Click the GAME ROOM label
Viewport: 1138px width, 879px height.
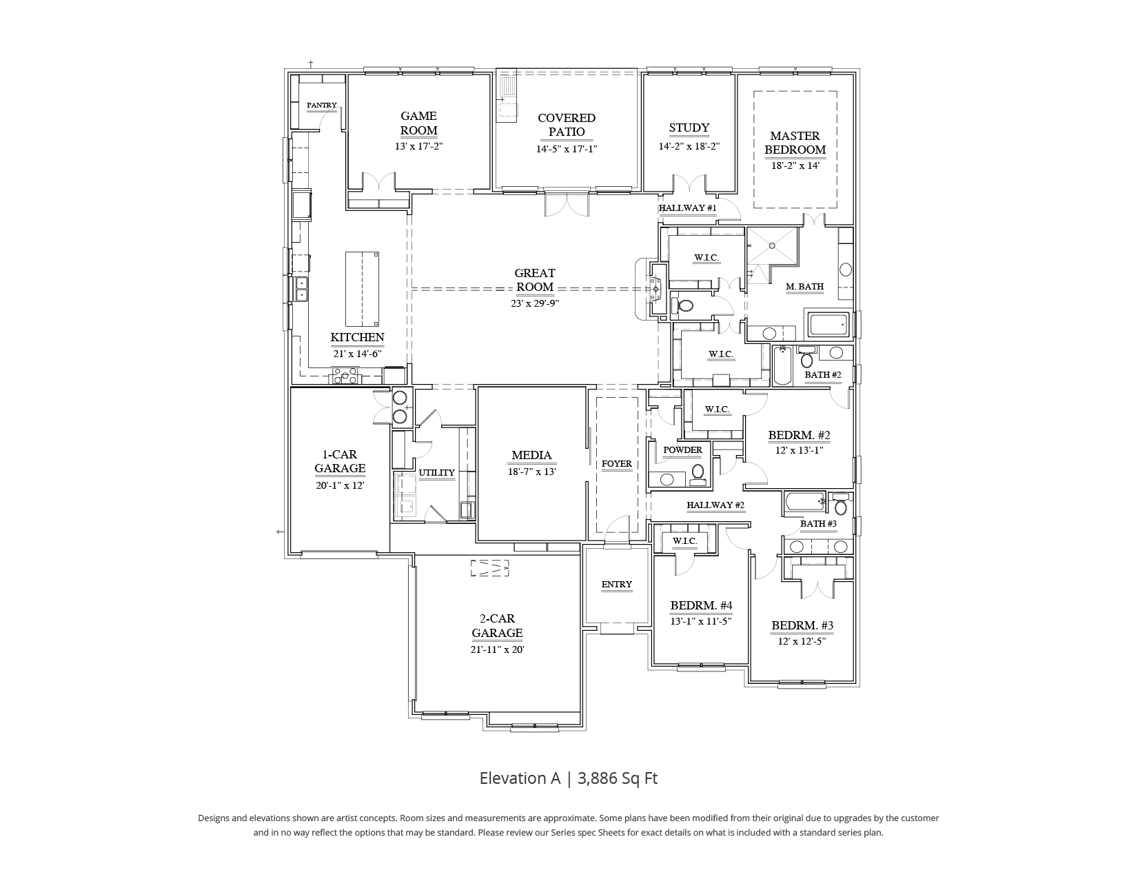tap(418, 123)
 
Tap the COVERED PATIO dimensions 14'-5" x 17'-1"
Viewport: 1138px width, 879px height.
tap(566, 149)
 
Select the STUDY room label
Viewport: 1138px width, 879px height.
tap(689, 128)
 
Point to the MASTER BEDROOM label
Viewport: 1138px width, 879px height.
tap(795, 143)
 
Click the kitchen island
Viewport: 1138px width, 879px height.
tap(362, 289)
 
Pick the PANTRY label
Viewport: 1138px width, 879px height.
tap(322, 105)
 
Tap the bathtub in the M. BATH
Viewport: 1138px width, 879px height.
tap(827, 325)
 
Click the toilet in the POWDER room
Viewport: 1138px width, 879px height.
tap(698, 473)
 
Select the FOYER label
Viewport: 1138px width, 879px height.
tap(616, 463)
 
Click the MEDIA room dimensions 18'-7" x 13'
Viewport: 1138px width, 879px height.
tap(531, 472)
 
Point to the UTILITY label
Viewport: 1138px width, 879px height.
tap(437, 472)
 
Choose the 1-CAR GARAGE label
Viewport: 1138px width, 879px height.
tap(340, 461)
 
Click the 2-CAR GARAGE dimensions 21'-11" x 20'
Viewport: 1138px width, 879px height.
tap(497, 649)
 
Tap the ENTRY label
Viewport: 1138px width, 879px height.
tap(616, 584)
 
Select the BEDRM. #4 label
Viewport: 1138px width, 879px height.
tap(701, 605)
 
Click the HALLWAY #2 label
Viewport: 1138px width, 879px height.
tap(715, 505)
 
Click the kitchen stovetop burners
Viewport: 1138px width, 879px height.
tap(346, 376)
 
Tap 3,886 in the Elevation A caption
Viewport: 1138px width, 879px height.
tap(598, 778)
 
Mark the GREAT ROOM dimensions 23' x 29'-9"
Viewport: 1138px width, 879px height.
tap(535, 303)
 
